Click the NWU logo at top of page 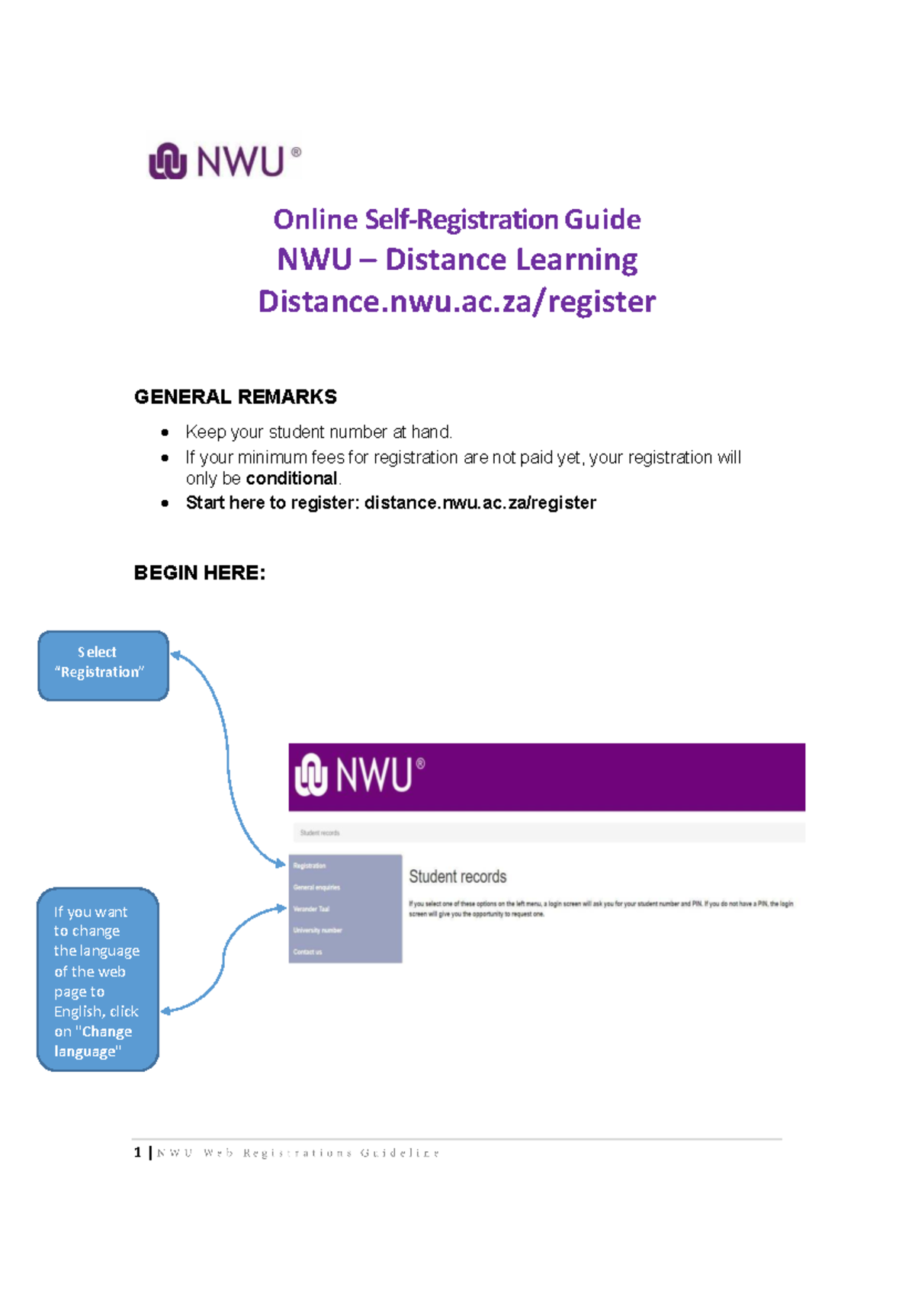[224, 161]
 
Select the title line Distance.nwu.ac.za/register [457, 301]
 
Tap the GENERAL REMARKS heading [235, 396]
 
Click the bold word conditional [291, 479]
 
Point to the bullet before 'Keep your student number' [165, 432]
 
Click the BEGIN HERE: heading [200, 573]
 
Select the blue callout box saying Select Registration [103, 665]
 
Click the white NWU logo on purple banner [359, 775]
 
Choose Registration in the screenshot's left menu [310, 866]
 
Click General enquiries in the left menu [316, 887]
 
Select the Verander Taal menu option [311, 909]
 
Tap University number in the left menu [317, 930]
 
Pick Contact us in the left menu [307, 951]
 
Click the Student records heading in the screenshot [457, 877]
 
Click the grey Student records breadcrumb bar [546, 833]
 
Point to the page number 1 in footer [138, 1152]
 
